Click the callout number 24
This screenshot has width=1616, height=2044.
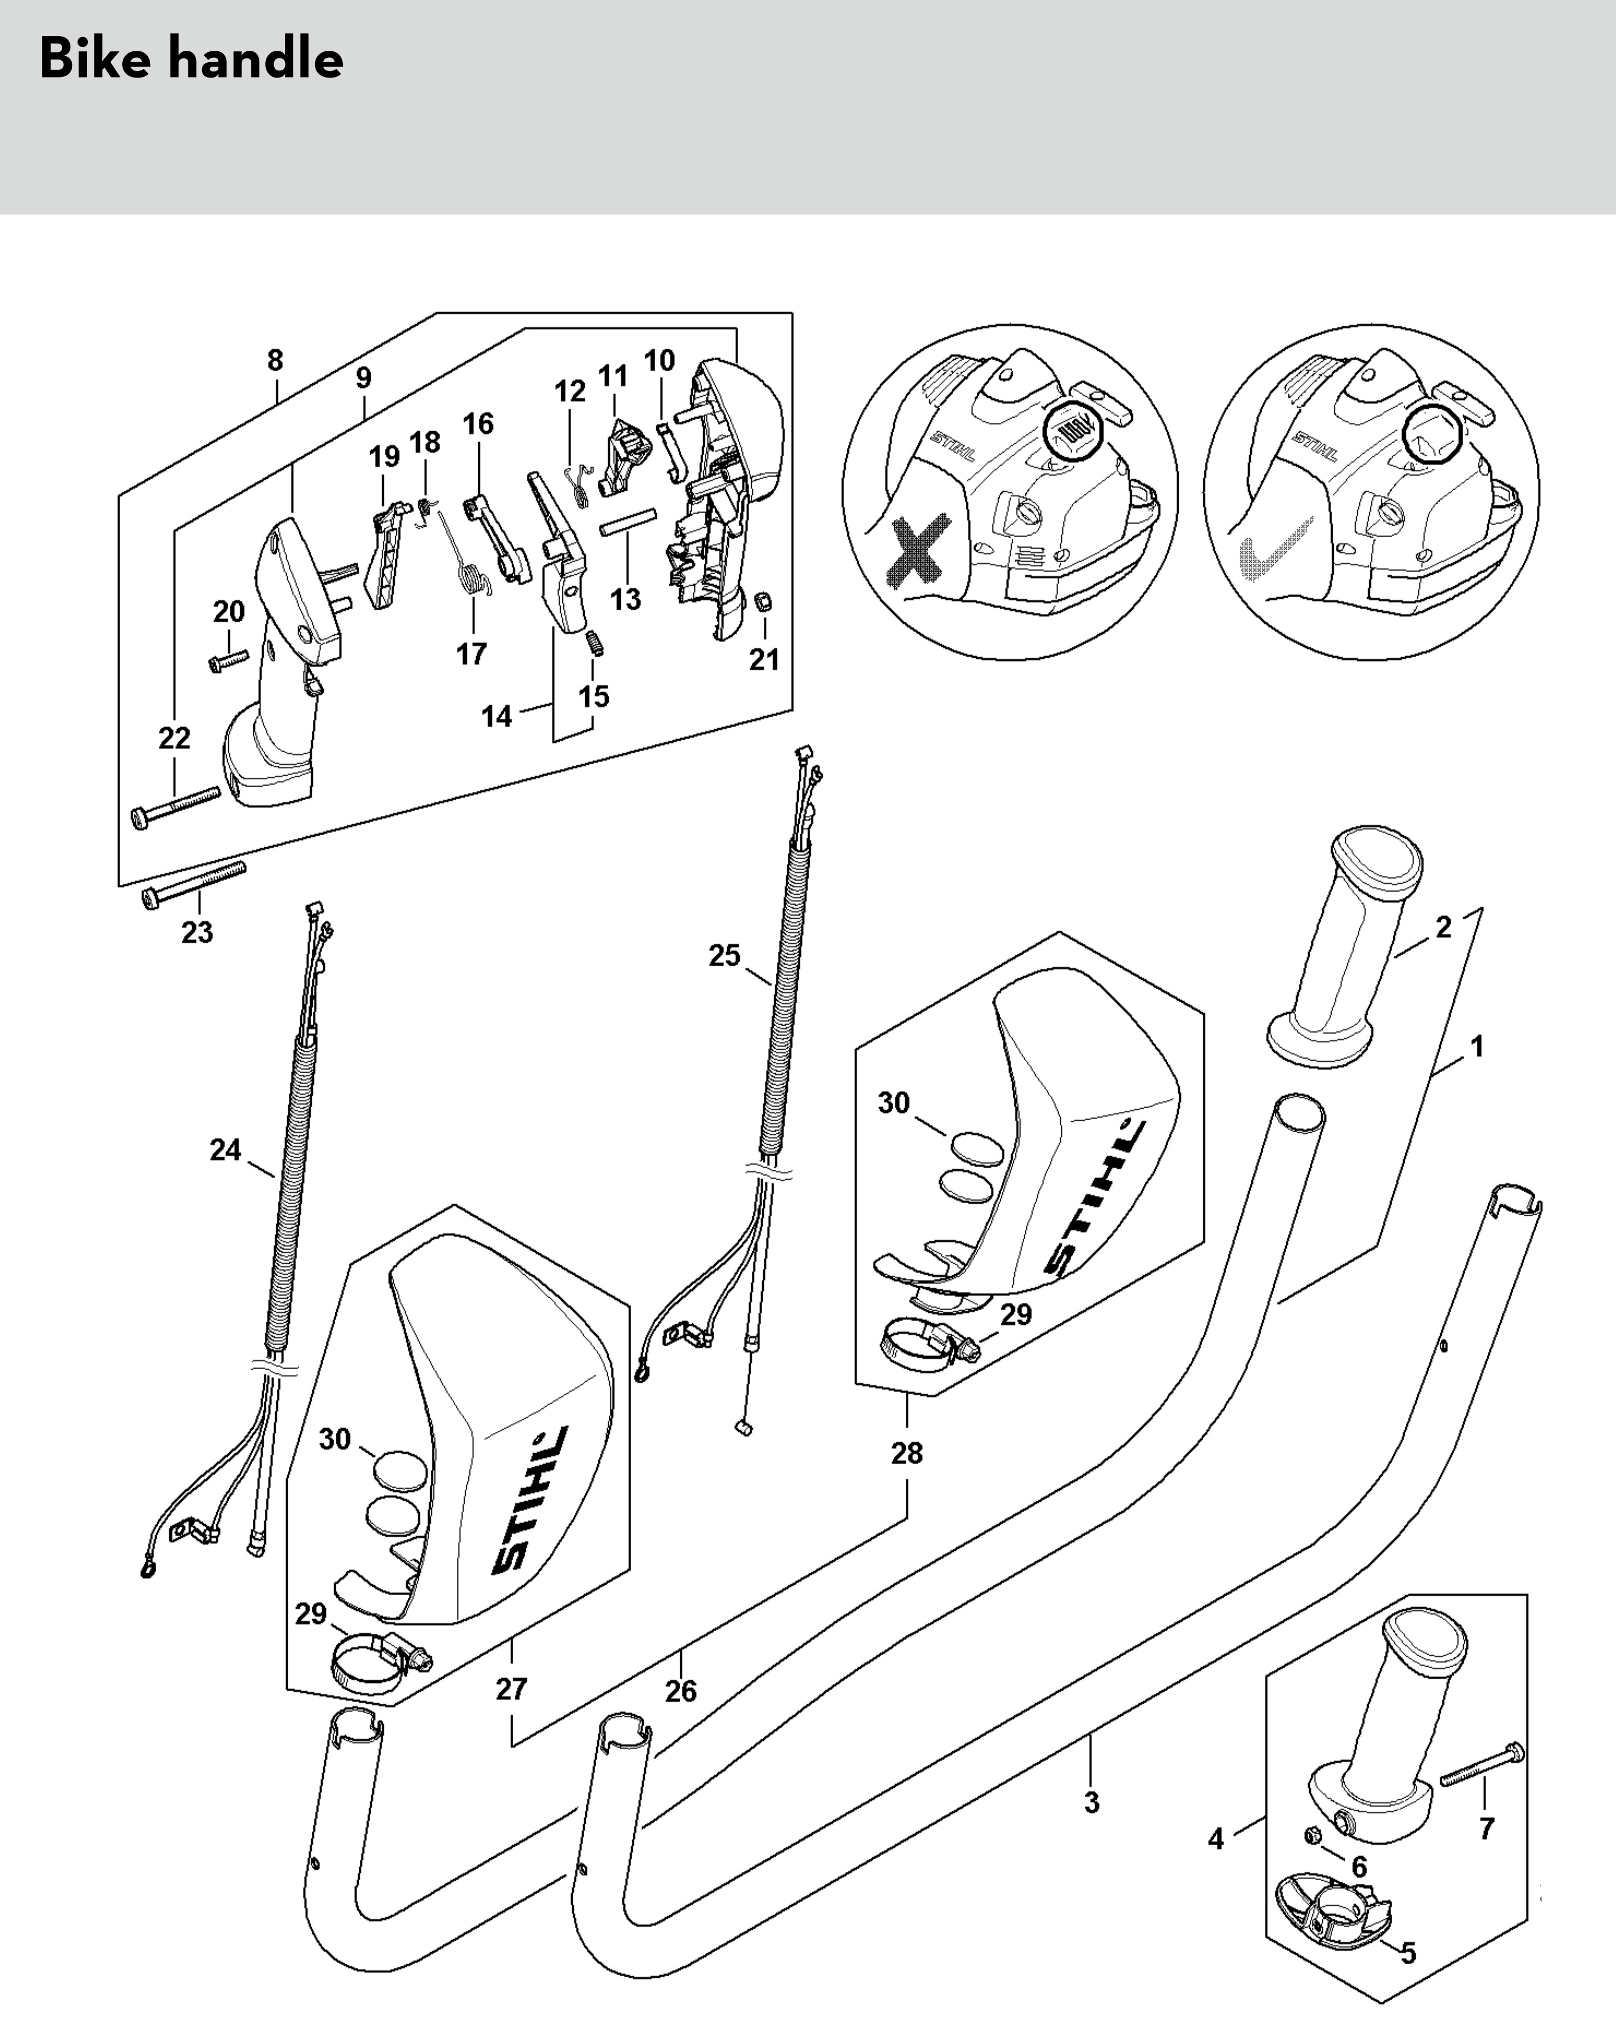click(x=225, y=1150)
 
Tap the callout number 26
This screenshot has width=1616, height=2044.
click(x=680, y=1690)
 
